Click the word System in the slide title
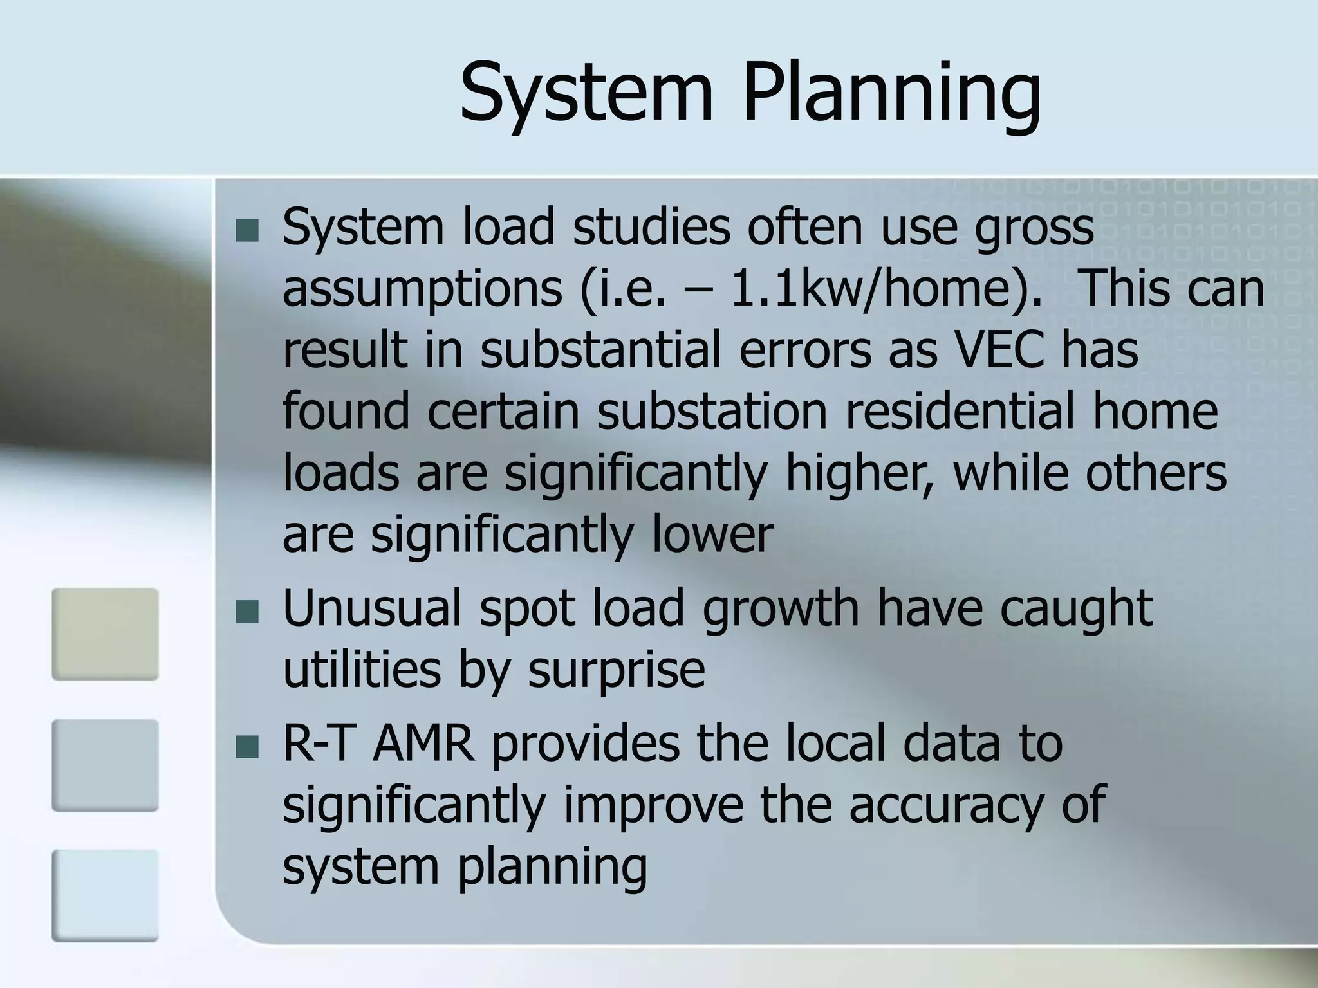coord(587,93)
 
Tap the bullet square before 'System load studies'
coord(246,230)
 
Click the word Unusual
coord(372,608)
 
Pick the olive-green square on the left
coord(105,634)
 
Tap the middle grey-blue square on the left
coord(105,765)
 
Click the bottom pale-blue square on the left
coord(105,895)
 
